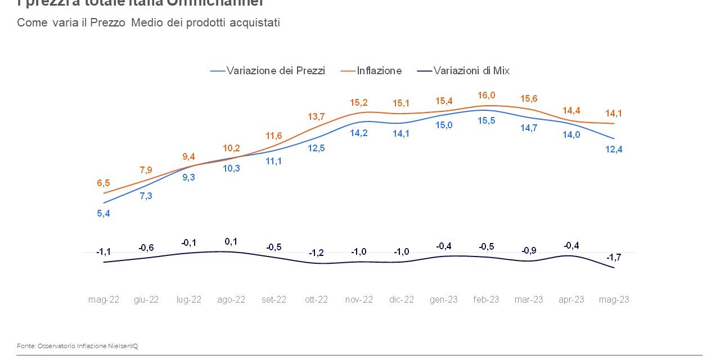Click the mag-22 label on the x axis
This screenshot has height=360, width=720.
coord(103,300)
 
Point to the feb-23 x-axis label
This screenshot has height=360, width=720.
coord(485,300)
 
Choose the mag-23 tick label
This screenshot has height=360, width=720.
coord(614,300)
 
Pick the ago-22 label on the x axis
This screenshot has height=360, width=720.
coord(231,300)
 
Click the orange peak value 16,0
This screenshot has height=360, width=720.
coord(487,96)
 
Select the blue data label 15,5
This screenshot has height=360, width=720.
coord(487,120)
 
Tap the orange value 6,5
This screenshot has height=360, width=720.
coord(103,183)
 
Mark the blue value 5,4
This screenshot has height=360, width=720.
coord(103,213)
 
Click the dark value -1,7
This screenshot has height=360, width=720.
coord(614,257)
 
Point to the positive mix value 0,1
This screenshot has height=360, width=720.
coord(231,241)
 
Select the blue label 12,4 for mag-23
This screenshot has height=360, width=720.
coord(614,149)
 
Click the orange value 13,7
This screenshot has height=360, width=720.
coord(316,116)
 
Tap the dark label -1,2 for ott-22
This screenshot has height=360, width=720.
coord(316,253)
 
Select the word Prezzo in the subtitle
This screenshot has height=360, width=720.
coord(110,23)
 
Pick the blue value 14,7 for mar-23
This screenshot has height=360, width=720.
coord(529,128)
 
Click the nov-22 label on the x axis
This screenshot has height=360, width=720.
coord(359,300)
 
